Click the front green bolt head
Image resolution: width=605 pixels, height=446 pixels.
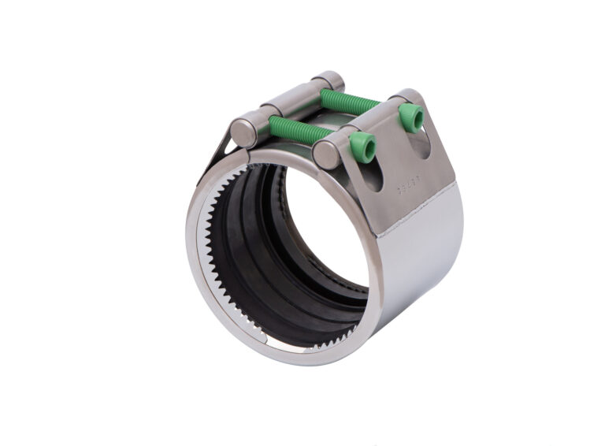[x=362, y=146]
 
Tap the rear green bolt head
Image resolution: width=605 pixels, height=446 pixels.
[x=410, y=117]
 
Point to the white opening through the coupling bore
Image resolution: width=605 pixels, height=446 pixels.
[x=331, y=236]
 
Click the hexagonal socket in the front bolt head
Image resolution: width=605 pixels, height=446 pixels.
[x=363, y=145]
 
